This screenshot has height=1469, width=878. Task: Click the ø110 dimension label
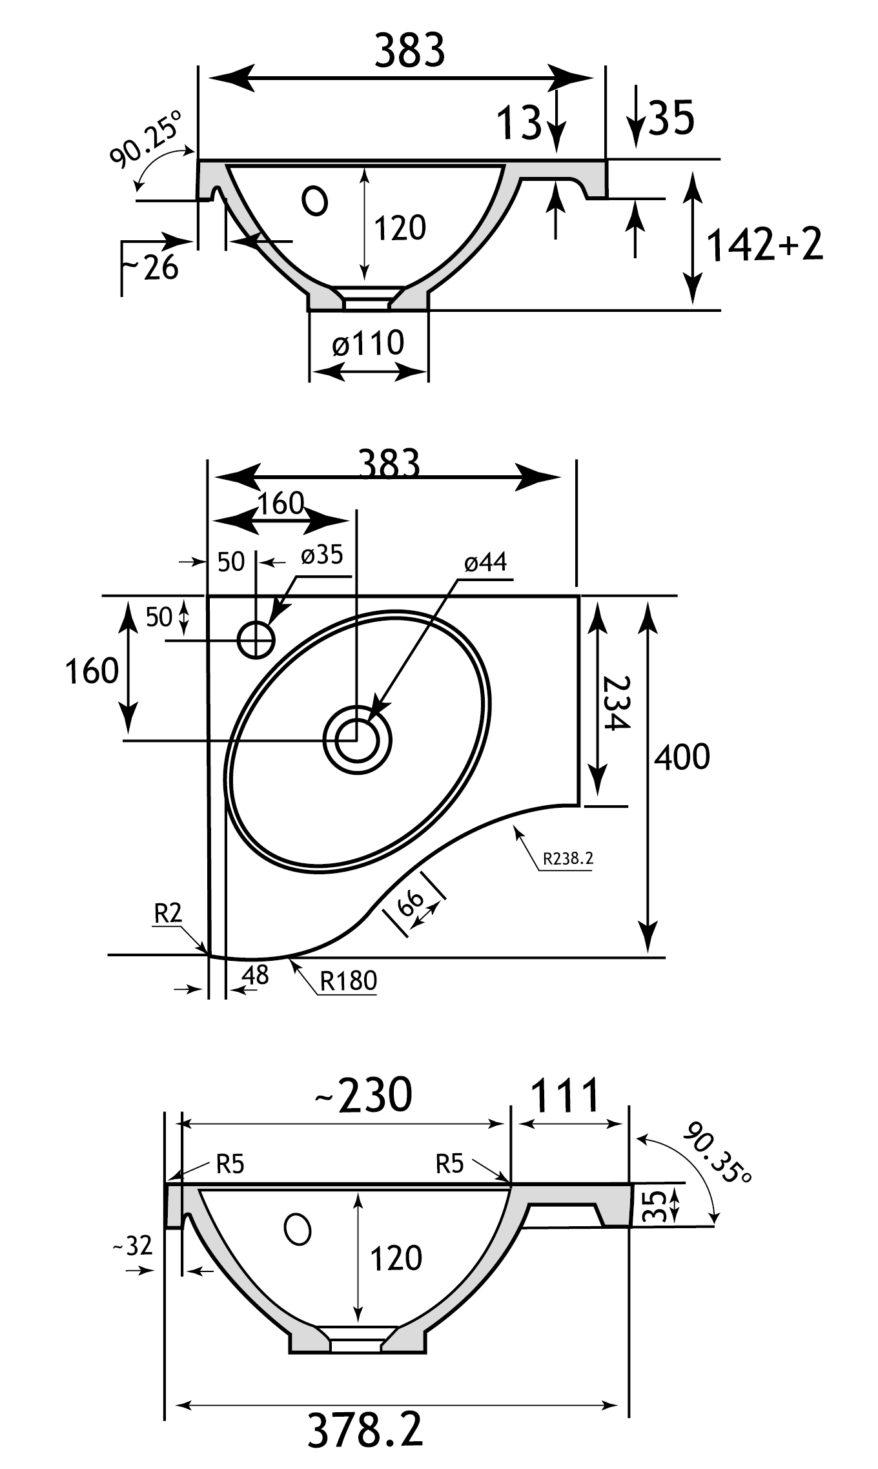pos(368,344)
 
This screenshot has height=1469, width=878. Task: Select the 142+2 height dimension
pos(765,245)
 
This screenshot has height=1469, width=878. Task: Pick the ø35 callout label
pos(322,555)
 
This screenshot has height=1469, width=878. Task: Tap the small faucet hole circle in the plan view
pos(256,640)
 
